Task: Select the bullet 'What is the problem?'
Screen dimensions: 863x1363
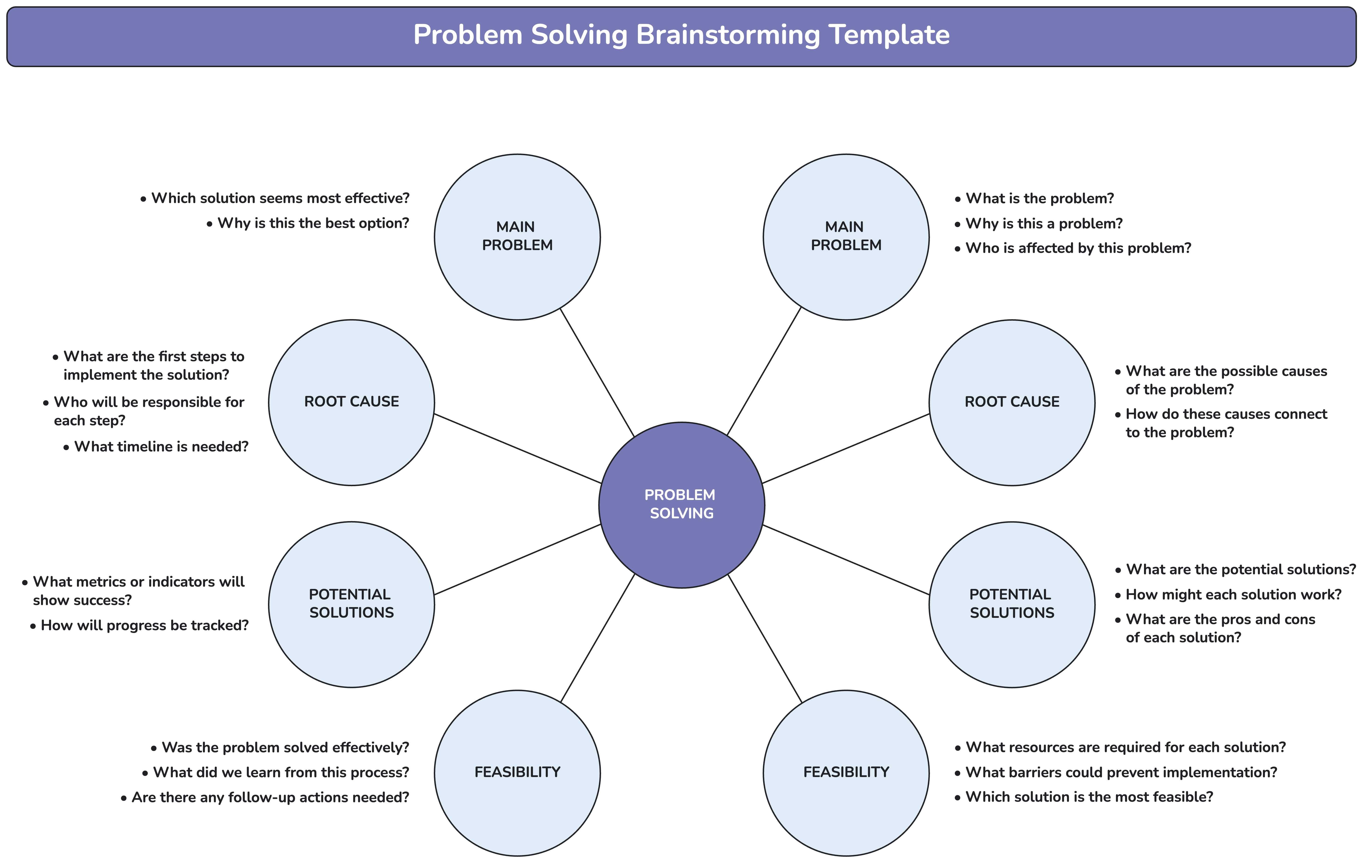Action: point(1039,199)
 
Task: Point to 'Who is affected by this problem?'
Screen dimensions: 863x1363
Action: point(1078,248)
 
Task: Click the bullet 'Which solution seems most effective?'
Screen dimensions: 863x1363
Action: point(280,199)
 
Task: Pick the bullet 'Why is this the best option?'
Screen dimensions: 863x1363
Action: point(313,223)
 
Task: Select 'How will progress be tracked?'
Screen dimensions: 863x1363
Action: point(144,626)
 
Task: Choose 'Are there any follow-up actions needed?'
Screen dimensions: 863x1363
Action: point(270,798)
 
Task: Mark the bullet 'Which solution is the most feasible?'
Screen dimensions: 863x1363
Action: point(1089,797)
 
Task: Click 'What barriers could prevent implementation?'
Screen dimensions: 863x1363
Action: point(1121,773)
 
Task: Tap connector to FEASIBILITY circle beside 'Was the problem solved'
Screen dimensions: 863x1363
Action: point(598,638)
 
